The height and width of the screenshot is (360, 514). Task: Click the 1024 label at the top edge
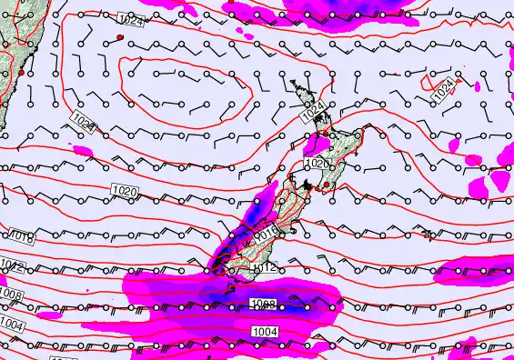[131, 20]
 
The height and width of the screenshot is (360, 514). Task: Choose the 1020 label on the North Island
[317, 164]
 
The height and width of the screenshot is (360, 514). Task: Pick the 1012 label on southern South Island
[264, 267]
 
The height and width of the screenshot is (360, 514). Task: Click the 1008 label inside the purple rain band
[262, 305]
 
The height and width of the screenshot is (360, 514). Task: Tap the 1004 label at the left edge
[11, 325]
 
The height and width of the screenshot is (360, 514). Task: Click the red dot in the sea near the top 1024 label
[119, 36]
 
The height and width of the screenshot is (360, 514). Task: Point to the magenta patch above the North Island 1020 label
[319, 143]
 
